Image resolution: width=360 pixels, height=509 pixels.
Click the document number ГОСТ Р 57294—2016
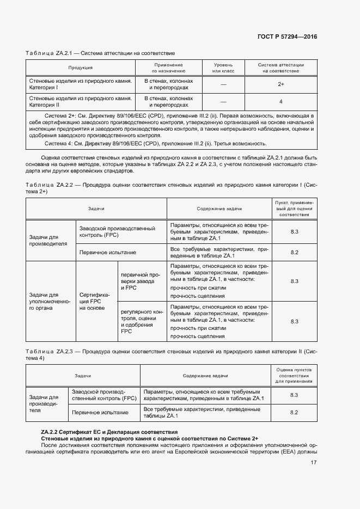287,36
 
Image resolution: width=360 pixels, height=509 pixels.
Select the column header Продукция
80,68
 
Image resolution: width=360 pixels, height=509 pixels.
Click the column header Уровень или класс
223,68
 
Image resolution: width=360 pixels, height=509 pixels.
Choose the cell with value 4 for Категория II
280,102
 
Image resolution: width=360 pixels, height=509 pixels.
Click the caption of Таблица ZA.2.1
100,53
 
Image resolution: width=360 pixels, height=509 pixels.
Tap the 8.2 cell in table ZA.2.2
295,252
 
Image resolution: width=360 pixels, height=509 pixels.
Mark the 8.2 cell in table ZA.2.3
294,413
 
